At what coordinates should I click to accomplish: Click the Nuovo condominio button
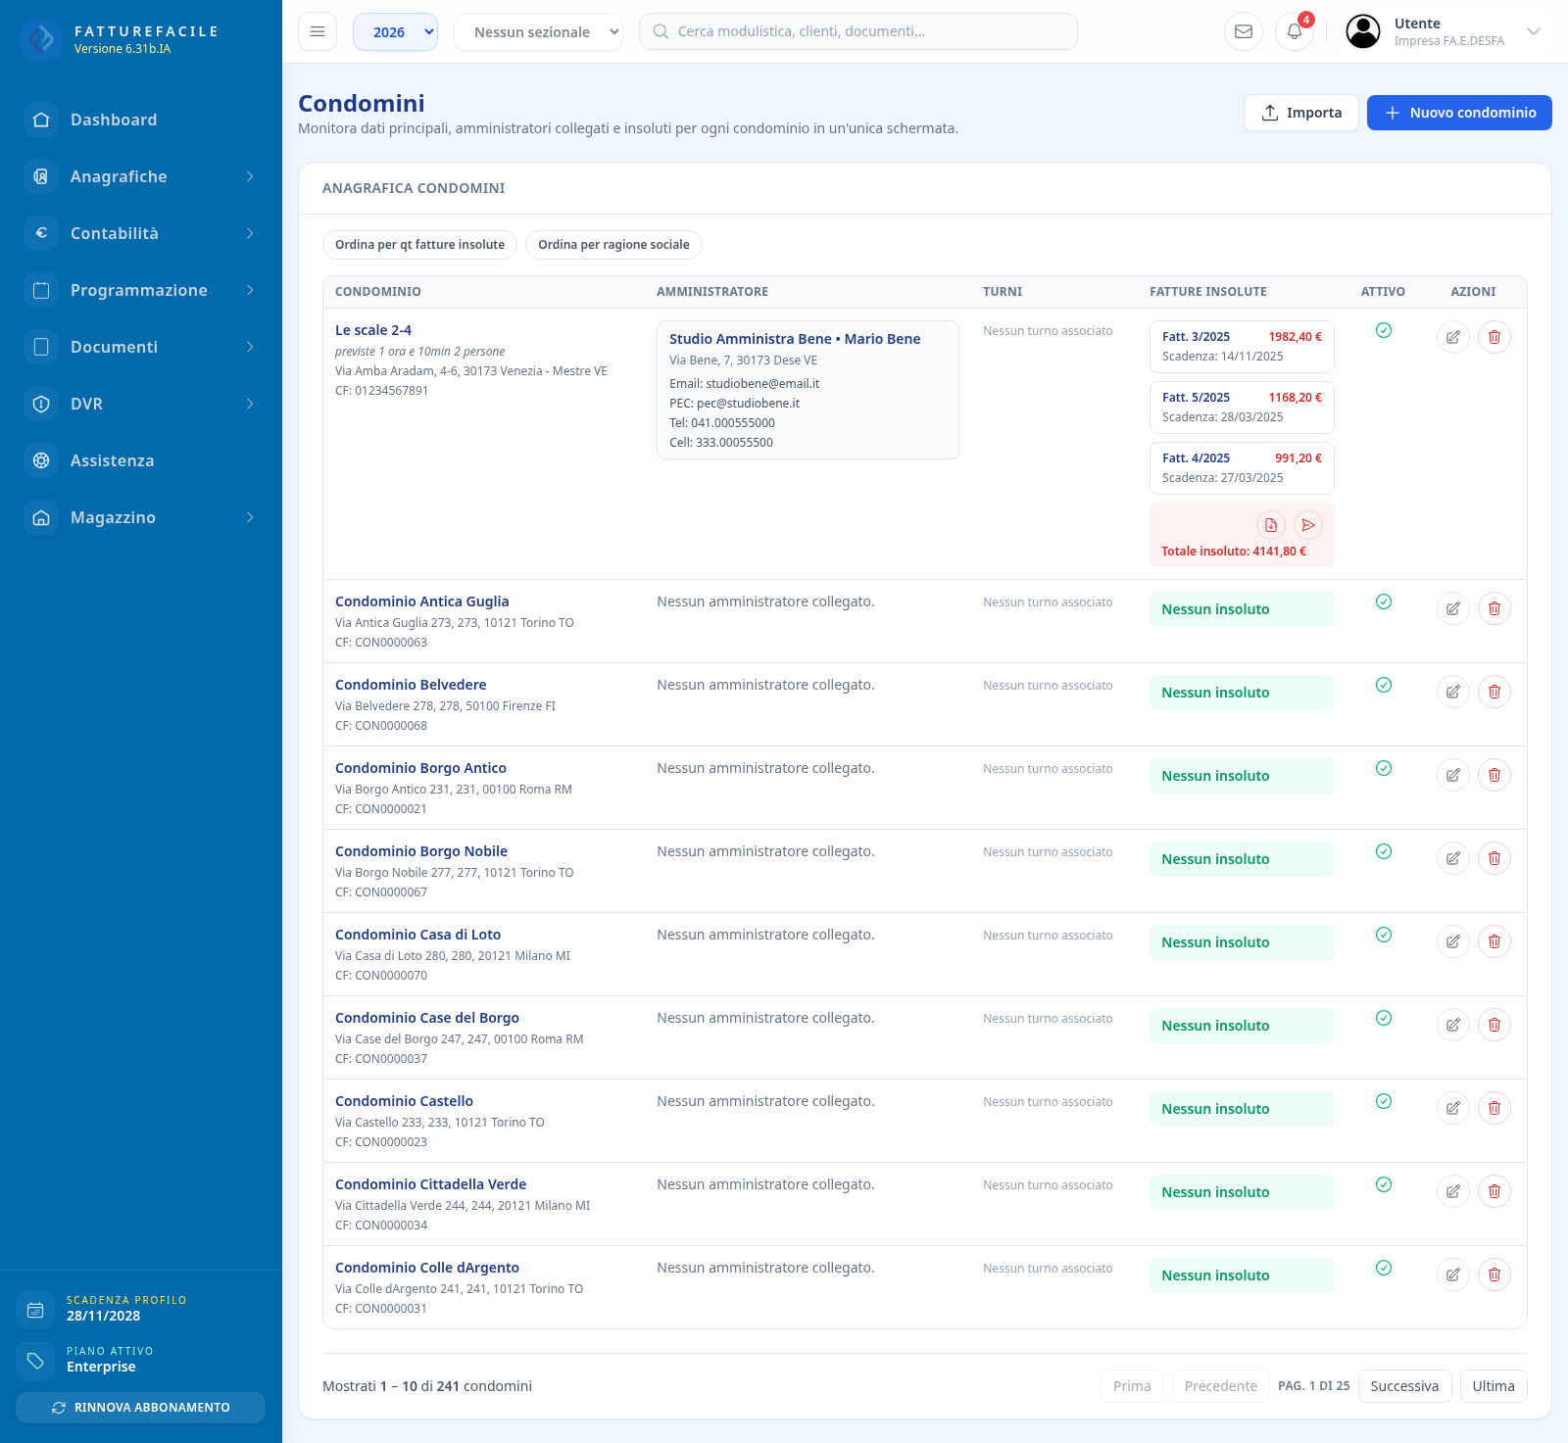pos(1459,113)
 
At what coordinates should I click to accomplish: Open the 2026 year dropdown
pos(395,31)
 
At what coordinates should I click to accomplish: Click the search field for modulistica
pos(858,31)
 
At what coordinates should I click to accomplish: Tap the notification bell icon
pos(1295,31)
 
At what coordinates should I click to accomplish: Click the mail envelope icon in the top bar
pos(1244,31)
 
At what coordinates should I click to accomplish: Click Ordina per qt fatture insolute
pos(419,245)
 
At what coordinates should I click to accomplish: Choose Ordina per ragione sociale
pos(613,245)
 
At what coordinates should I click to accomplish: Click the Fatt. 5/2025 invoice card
pos(1242,407)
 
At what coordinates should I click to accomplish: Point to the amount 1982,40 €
pos(1295,337)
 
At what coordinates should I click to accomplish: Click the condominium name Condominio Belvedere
pos(411,685)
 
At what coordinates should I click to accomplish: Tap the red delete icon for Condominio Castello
pos(1494,1108)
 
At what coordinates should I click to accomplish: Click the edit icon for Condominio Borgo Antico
pos(1453,775)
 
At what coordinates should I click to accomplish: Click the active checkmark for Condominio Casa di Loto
pos(1384,935)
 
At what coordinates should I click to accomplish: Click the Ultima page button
pos(1494,1386)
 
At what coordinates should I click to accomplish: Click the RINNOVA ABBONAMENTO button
pos(140,1408)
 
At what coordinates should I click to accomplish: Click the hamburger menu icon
pos(318,31)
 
